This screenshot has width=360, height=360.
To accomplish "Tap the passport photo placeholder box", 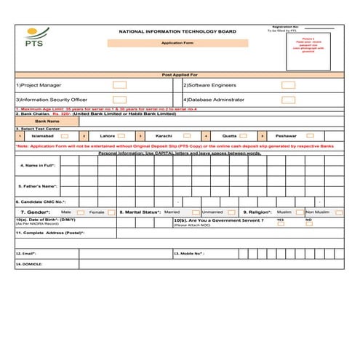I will click(x=310, y=49).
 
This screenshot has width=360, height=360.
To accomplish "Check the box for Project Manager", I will click(x=119, y=85).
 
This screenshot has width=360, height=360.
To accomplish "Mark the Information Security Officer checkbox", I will click(x=119, y=99).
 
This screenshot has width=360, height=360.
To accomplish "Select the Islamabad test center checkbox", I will click(x=65, y=136).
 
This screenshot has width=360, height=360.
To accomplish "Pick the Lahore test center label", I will click(x=107, y=136).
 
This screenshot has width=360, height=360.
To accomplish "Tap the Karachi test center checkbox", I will click(x=188, y=136).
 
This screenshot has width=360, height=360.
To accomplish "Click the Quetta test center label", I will click(x=229, y=136).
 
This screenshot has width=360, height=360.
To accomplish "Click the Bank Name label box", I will click(x=42, y=121).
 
